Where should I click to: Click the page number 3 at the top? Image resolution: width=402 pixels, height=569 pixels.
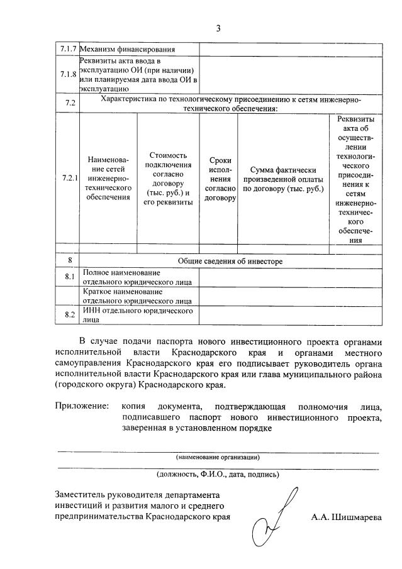(x=218, y=28)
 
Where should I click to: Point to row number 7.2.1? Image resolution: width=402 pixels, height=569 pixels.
(x=69, y=178)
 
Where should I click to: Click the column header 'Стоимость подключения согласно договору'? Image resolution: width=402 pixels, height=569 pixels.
(x=168, y=179)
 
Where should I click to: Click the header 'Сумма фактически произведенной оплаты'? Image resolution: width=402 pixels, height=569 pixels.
(x=283, y=179)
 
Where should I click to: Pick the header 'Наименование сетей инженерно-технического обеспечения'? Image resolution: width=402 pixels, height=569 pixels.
(x=109, y=179)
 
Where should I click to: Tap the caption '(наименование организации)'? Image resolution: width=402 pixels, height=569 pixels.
(x=218, y=456)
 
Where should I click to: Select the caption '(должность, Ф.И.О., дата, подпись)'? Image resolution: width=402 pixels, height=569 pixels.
(x=218, y=474)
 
